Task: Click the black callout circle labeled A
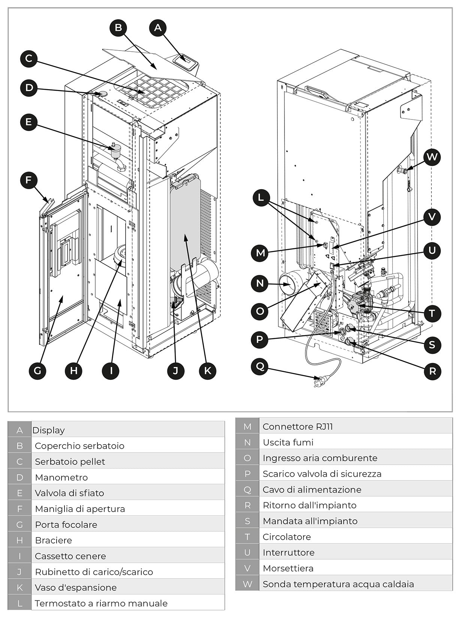coord(158,27)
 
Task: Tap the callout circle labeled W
coord(432,157)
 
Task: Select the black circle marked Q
coord(260,366)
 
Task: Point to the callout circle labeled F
coord(29,180)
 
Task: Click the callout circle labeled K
coord(208,371)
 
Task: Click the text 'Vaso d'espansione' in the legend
coord(76,587)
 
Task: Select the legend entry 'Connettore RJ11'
coord(298,426)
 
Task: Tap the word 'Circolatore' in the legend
coord(287,537)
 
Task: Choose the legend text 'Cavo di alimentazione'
coord(312,490)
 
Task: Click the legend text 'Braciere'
coord(53,540)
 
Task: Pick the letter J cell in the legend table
coord(19,572)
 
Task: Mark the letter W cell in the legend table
coord(247,584)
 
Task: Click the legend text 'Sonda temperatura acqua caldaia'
coord(338,584)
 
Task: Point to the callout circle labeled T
coord(432,313)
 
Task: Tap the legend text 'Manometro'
coord(61,477)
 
